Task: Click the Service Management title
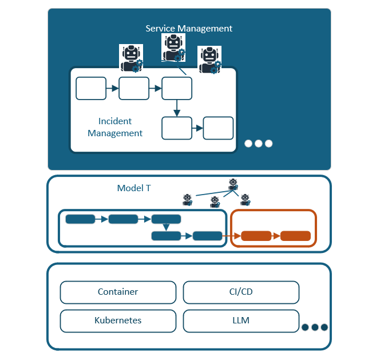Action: (189, 29)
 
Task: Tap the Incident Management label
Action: (115, 127)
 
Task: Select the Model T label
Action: (134, 188)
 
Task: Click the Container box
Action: (118, 292)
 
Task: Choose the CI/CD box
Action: (241, 292)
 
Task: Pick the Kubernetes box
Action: (118, 321)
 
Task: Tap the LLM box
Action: (241, 321)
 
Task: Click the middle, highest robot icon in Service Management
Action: (173, 46)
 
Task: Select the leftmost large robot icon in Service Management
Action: (130, 58)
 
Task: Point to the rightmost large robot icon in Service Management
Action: (209, 60)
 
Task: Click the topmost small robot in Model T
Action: (233, 184)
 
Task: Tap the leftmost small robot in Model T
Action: (187, 199)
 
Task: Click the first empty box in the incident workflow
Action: (91, 89)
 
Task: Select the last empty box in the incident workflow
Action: (218, 128)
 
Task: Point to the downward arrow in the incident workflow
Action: (177, 108)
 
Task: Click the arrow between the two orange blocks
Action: (276, 236)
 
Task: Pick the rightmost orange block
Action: (295, 236)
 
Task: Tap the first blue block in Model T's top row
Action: (80, 219)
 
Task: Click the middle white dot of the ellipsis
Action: (259, 144)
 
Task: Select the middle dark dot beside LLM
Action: (315, 327)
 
